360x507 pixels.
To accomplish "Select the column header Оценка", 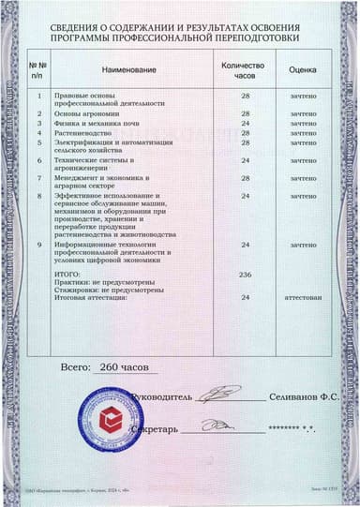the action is tap(302, 70).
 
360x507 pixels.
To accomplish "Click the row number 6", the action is tap(38, 160).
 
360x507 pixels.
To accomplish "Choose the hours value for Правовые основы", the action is tap(246, 96).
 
